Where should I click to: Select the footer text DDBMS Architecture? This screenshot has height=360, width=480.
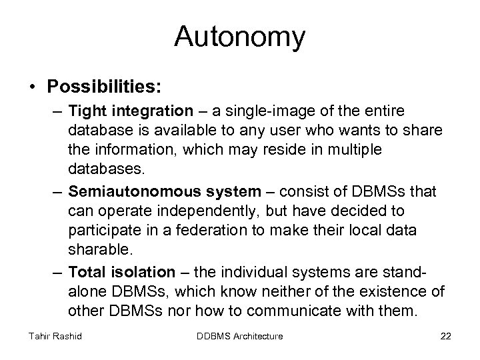click(x=241, y=336)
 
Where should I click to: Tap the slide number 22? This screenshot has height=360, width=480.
click(x=445, y=336)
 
